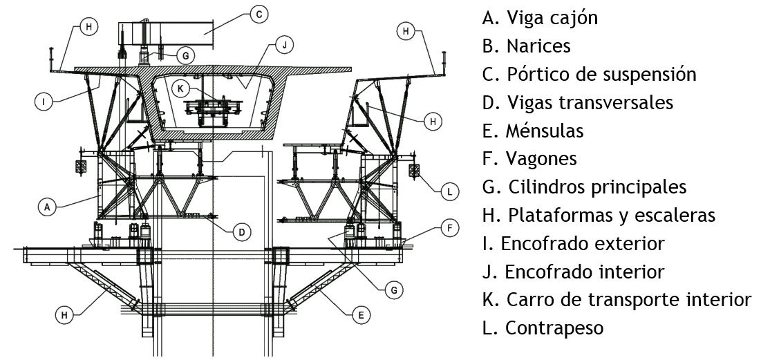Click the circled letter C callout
(258, 14)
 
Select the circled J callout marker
(282, 46)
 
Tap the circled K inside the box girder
(180, 88)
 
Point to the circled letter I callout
(43, 102)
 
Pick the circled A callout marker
(47, 206)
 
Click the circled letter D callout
(241, 232)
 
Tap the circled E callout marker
(359, 315)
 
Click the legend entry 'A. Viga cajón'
(540, 18)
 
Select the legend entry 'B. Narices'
(527, 46)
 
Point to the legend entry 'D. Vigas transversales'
(578, 102)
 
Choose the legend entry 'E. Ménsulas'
(533, 131)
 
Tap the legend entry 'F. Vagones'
(529, 159)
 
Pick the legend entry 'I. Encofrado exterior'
(573, 243)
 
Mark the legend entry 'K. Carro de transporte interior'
(616, 300)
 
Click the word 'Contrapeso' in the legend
(554, 328)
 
